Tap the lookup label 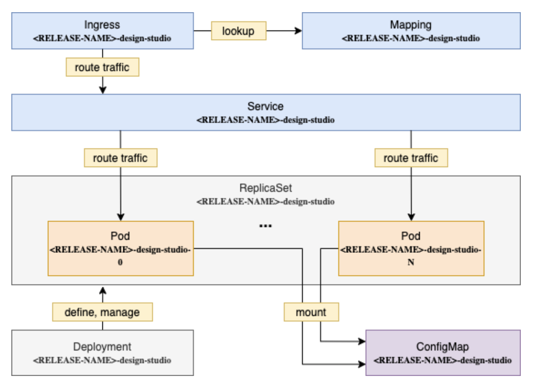coord(238,31)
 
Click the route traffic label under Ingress coord(102,68)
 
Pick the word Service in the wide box coord(265,106)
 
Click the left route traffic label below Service coord(120,158)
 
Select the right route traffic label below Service coord(411,158)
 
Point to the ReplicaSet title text coord(266,188)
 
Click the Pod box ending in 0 coord(120,248)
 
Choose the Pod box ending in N coord(411,248)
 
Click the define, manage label coord(102,312)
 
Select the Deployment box coord(102,352)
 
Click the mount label coord(311,312)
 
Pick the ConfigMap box coord(442,352)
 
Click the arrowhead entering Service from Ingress coord(102,90)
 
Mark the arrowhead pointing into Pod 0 coord(120,217)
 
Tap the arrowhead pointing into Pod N coord(411,217)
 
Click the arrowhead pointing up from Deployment coord(102,290)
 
